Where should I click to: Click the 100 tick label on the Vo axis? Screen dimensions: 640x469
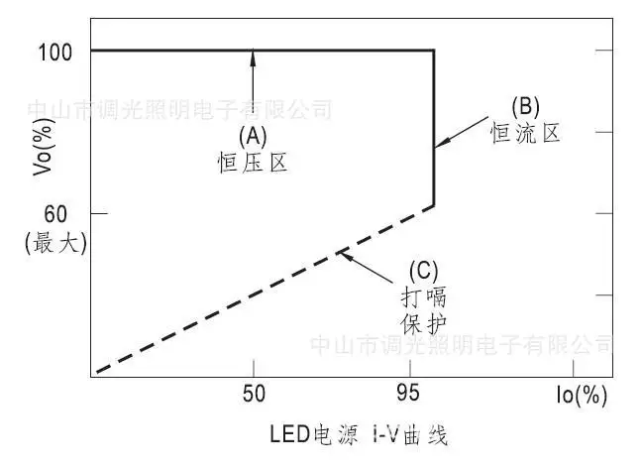54,53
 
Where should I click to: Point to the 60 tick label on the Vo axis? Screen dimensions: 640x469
55,214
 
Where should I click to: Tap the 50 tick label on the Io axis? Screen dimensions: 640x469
254,394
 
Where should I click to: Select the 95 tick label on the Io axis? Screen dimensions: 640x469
408,394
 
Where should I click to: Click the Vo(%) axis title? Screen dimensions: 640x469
43,147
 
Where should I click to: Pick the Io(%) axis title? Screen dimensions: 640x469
582,396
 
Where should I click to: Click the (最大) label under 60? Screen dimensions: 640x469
55,243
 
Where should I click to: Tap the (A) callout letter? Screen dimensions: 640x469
253,137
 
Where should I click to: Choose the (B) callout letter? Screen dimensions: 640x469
525,107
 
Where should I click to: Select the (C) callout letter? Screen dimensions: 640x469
423,272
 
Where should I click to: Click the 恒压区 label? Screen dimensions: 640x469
253,163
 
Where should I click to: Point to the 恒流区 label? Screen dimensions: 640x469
525,133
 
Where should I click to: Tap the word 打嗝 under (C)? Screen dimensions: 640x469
423,297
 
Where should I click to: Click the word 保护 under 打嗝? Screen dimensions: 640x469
423,324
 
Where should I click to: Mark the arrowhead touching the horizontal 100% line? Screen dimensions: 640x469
253,58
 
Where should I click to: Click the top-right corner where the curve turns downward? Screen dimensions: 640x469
434,51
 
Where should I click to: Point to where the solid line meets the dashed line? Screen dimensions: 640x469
434,206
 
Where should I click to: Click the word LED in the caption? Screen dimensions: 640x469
290,434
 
